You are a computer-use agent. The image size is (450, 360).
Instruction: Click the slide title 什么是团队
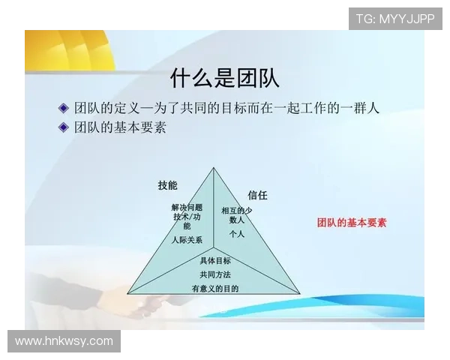click(x=225, y=78)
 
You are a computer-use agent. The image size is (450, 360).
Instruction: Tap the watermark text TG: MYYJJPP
click(x=395, y=18)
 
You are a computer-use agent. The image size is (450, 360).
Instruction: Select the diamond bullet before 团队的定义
click(x=64, y=108)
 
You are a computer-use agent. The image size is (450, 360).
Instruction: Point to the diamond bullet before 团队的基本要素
click(x=64, y=127)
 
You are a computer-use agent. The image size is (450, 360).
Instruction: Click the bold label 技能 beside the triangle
click(x=167, y=185)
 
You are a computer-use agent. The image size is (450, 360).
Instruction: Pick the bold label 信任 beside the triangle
click(x=257, y=195)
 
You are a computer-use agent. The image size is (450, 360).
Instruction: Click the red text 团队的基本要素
click(x=352, y=223)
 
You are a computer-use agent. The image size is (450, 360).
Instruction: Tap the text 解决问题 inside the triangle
click(x=187, y=207)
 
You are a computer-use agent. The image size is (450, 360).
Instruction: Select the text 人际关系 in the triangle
click(x=186, y=240)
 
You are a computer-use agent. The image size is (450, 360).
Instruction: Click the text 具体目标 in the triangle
click(x=215, y=261)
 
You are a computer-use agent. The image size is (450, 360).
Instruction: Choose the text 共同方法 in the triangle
click(x=215, y=274)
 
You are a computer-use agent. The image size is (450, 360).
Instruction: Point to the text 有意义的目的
click(x=215, y=288)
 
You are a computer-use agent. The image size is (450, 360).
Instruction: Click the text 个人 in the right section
click(x=237, y=234)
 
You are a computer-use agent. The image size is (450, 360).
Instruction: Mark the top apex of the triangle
click(x=214, y=167)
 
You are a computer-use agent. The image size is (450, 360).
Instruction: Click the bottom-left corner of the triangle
click(x=127, y=293)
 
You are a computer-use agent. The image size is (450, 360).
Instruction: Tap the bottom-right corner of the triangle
click(x=300, y=293)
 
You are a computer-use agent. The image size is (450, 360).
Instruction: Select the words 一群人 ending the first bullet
click(x=359, y=108)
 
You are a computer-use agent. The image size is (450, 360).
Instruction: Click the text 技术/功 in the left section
click(x=187, y=217)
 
